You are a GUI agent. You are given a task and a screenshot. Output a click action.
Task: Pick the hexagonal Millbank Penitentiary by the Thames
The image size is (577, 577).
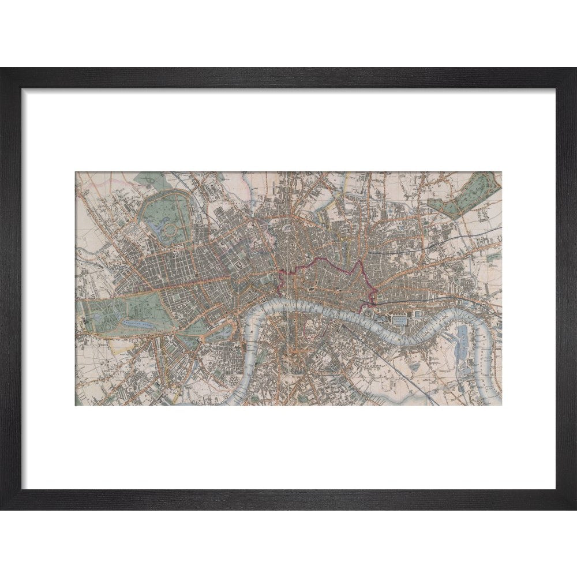point(233,382)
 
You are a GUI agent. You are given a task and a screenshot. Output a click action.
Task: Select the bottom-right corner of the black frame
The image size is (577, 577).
point(575,508)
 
